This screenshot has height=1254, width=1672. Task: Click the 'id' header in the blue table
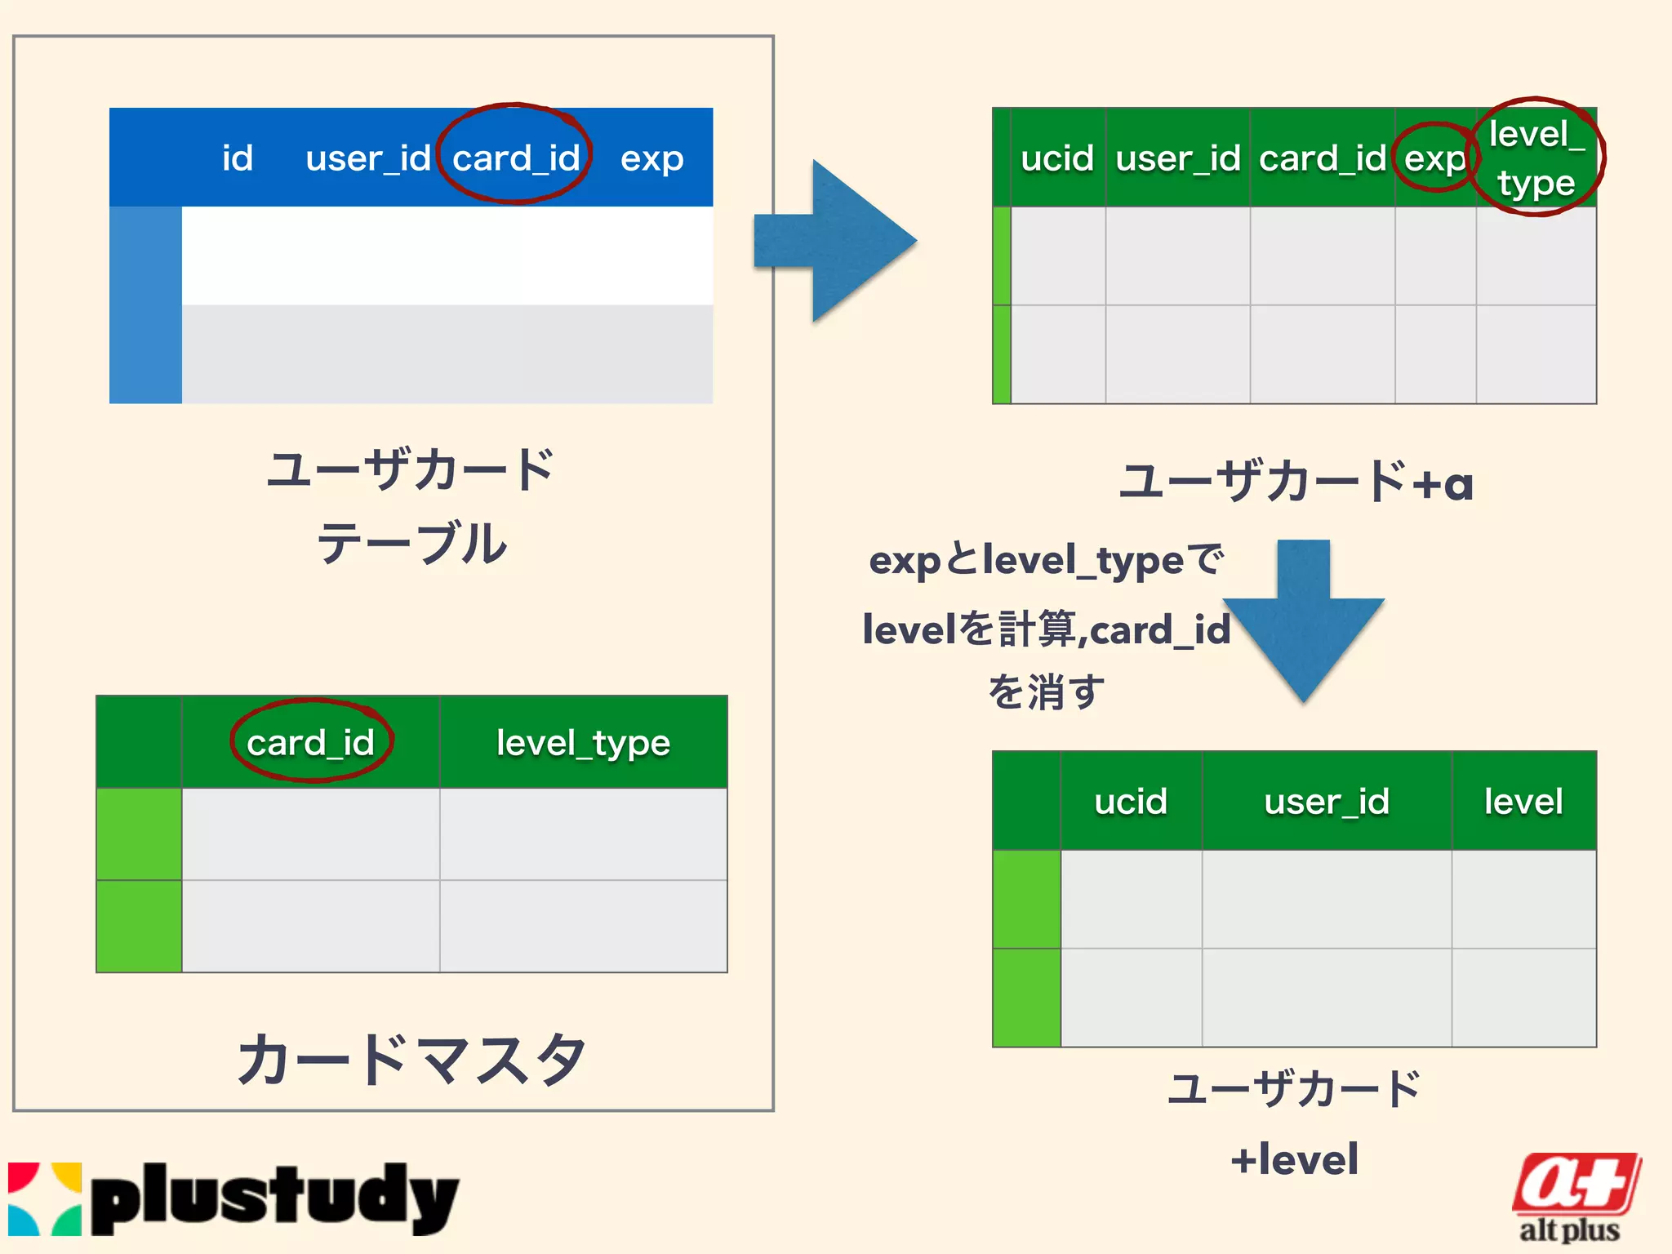(x=238, y=158)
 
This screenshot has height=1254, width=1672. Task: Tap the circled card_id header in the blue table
(x=516, y=158)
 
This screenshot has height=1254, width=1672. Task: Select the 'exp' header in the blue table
(x=651, y=158)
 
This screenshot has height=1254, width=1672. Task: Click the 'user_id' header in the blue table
(x=367, y=158)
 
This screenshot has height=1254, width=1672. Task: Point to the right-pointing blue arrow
(x=837, y=241)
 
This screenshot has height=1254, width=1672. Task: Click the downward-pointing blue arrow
(x=1303, y=620)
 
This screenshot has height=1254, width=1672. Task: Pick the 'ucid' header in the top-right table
(x=1057, y=158)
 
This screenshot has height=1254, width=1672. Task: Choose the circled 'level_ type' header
(x=1536, y=158)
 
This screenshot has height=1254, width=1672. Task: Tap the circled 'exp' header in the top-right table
(x=1434, y=158)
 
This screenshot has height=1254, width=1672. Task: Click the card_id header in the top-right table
(x=1322, y=158)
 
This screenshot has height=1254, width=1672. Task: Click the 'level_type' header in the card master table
(x=583, y=743)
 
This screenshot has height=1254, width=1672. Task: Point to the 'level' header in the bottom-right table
(x=1523, y=802)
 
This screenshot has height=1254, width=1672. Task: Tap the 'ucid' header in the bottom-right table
(x=1131, y=802)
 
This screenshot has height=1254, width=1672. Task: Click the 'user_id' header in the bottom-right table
(x=1327, y=802)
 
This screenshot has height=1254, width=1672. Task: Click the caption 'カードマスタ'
(x=411, y=1059)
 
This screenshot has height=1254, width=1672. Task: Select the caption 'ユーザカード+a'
(x=1296, y=482)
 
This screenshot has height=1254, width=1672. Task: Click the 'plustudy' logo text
(x=274, y=1198)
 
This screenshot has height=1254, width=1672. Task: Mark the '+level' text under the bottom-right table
(x=1295, y=1159)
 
